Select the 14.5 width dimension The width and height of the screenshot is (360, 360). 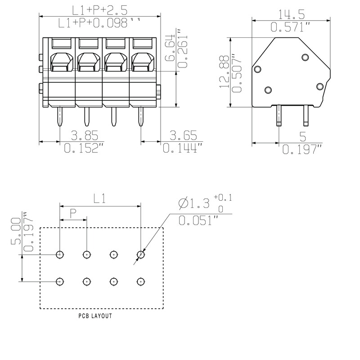(x=291, y=14)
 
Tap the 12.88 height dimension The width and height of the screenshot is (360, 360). (x=225, y=73)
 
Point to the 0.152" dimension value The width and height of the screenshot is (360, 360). (x=81, y=148)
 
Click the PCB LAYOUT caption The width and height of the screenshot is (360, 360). (x=95, y=316)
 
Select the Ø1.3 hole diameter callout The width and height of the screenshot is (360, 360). (x=193, y=204)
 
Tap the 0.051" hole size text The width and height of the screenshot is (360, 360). (x=198, y=220)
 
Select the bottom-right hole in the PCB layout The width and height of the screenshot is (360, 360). (x=141, y=282)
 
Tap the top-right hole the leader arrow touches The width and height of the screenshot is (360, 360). (x=141, y=255)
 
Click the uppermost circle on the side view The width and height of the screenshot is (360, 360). (x=305, y=57)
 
